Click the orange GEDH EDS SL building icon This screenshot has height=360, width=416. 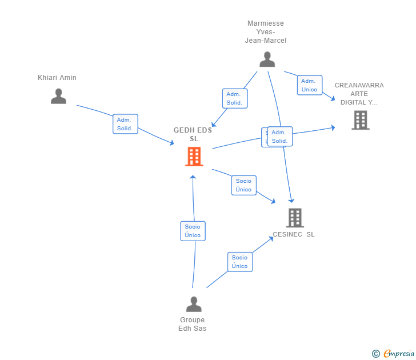194,156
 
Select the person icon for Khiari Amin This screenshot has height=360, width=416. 58,96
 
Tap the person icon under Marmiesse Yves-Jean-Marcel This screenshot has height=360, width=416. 267,59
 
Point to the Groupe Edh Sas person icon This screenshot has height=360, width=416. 194,304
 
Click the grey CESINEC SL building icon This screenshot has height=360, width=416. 294,218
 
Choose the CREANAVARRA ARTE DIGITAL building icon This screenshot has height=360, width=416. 360,120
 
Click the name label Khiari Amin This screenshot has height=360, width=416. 57,78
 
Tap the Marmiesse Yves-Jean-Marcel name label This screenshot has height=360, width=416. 266,32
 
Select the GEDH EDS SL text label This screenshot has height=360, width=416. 193,134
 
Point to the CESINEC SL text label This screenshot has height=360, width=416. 294,234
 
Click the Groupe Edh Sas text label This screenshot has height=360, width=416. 193,324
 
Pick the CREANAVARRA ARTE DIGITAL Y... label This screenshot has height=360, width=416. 359,94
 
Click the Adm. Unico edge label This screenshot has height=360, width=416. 309,85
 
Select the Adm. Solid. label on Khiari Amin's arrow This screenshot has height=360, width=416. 125,124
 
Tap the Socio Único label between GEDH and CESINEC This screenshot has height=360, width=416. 243,185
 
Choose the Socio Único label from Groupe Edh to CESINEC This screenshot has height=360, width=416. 240,262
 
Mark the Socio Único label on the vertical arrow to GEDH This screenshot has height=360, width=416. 193,231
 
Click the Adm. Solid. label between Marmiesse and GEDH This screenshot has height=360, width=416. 234,98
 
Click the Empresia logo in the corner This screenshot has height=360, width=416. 399,354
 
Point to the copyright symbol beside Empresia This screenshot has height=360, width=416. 376,354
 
